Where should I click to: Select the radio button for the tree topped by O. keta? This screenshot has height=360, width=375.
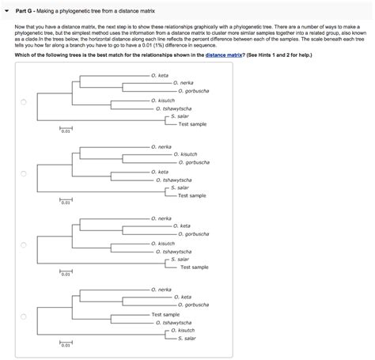(x=23, y=101)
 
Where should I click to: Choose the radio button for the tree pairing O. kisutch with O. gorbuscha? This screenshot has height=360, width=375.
(x=23, y=173)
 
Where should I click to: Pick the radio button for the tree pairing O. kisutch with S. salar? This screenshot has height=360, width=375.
(x=23, y=316)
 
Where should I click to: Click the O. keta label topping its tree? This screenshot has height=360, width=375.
(x=159, y=75)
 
